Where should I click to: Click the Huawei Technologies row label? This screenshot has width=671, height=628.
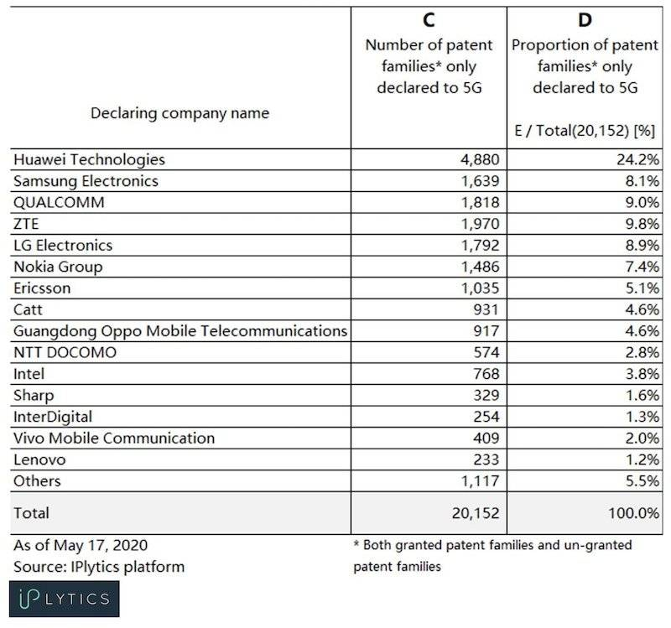[89, 159]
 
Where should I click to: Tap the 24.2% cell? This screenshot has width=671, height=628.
[635, 159]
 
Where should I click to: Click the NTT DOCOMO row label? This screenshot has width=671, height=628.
[65, 352]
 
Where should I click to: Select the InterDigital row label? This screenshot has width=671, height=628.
[53, 417]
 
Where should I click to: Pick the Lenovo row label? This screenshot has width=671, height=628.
[39, 459]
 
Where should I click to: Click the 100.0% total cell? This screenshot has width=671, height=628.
[630, 512]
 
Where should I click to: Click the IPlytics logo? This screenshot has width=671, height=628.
[66, 598]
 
